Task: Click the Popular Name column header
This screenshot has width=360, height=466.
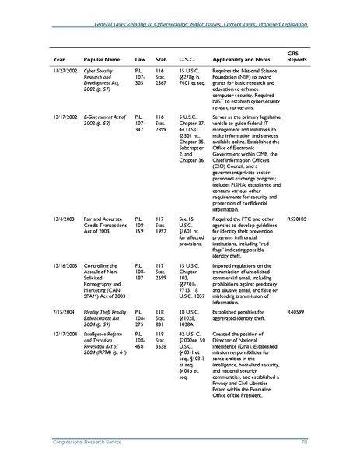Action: pyautogui.click(x=102, y=59)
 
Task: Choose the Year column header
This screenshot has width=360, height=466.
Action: pyautogui.click(x=59, y=59)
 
